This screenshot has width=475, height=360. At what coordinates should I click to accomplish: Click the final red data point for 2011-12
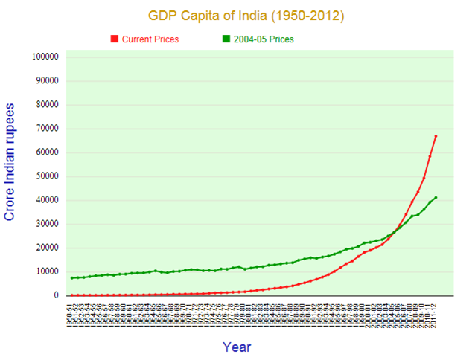[436, 136]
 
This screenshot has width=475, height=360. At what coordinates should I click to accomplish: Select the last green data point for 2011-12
[436, 197]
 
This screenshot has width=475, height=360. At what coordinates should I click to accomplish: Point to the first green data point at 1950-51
[72, 277]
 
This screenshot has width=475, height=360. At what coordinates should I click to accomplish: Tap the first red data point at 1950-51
[72, 295]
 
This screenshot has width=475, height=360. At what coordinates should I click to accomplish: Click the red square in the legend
[114, 39]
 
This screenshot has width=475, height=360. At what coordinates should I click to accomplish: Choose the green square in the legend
[225, 39]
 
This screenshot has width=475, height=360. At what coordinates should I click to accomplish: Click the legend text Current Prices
[150, 39]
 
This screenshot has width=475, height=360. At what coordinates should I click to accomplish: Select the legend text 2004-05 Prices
[264, 39]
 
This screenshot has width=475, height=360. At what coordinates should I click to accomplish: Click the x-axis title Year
[237, 347]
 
